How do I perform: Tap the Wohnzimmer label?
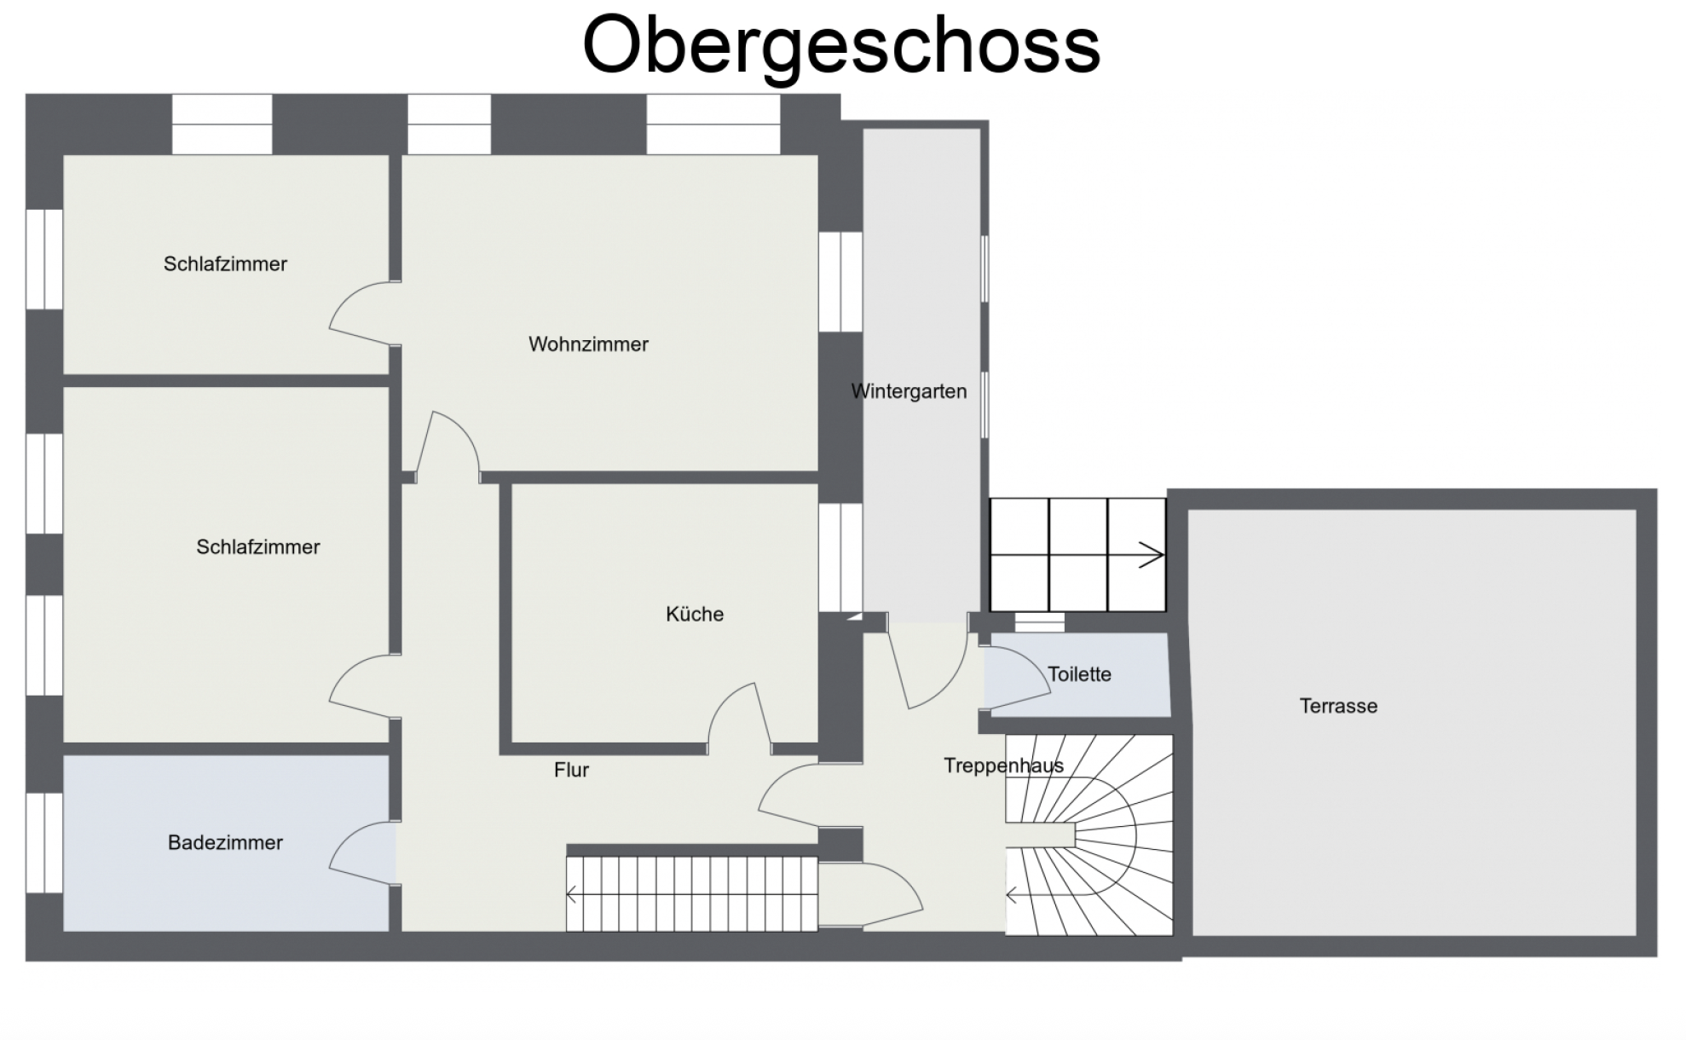click(x=588, y=344)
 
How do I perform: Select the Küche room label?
click(x=695, y=614)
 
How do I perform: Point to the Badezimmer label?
click(x=225, y=842)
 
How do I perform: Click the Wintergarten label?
click(x=909, y=391)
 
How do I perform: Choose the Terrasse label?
click(x=1338, y=706)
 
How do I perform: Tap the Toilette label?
click(x=1079, y=674)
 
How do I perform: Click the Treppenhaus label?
click(x=1003, y=766)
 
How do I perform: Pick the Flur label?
click(x=571, y=770)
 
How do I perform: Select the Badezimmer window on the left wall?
click(x=44, y=842)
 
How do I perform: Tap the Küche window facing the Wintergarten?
click(x=840, y=558)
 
